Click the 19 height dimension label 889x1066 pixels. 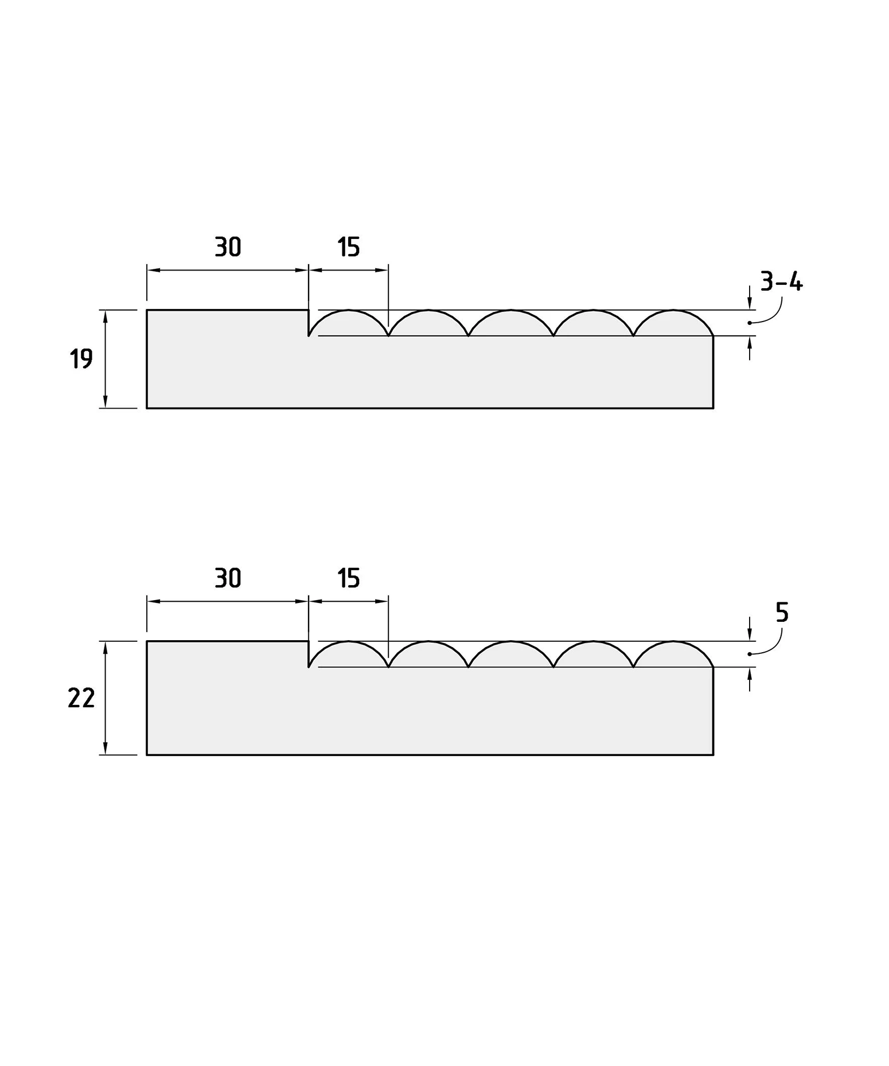81,359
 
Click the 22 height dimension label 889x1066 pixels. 81,698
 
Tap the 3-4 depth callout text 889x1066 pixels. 781,282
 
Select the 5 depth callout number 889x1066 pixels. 782,613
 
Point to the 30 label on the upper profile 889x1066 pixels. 228,247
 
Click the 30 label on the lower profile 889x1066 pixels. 228,578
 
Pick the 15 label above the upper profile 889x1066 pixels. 348,247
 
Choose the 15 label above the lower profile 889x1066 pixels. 348,578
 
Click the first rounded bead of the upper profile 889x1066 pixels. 348,310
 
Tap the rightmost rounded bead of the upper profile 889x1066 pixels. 673,310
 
